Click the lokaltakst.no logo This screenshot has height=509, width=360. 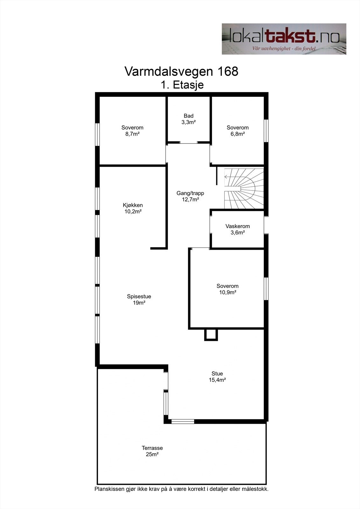click(x=284, y=39)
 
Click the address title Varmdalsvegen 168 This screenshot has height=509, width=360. click(x=181, y=71)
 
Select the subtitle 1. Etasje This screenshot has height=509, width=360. click(x=182, y=85)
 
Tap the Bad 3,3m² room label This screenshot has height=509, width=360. click(x=188, y=119)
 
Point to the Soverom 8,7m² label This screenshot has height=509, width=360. click(x=132, y=131)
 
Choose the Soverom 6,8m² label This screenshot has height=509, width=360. click(x=237, y=131)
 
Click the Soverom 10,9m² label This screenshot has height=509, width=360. click(x=227, y=289)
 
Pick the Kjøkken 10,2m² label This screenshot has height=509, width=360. click(x=133, y=208)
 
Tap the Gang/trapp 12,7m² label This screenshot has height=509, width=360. click(x=190, y=196)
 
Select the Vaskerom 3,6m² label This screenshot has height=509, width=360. click(x=237, y=229)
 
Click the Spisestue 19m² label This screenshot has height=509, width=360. click(x=139, y=299)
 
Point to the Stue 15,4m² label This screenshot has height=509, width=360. click(x=217, y=377)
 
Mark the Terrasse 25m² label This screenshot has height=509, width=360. click(x=152, y=451)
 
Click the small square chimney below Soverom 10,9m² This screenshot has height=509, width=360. click(x=210, y=335)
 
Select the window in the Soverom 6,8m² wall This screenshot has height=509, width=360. click(x=266, y=131)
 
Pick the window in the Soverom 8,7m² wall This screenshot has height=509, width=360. click(x=98, y=135)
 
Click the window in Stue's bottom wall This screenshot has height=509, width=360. click(x=183, y=422)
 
